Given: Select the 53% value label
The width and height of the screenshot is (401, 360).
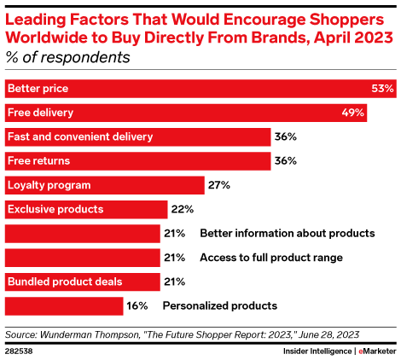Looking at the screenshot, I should tap(382, 88).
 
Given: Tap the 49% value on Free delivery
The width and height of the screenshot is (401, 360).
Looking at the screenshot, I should tap(353, 112).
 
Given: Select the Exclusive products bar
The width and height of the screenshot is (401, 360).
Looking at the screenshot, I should tap(85, 209).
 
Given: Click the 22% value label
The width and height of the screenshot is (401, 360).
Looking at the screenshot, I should tap(183, 209).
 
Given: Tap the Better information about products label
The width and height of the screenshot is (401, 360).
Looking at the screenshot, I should tap(287, 233).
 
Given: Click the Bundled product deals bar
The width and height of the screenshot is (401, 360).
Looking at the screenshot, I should tap(82, 282).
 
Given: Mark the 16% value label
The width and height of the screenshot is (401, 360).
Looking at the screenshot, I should tap(137, 305).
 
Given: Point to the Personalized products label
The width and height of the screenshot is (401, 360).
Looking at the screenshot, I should tap(219, 305).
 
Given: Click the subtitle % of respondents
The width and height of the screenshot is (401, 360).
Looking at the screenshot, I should tap(68, 58).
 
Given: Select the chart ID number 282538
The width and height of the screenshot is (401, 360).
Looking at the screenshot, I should tap(20, 350).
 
